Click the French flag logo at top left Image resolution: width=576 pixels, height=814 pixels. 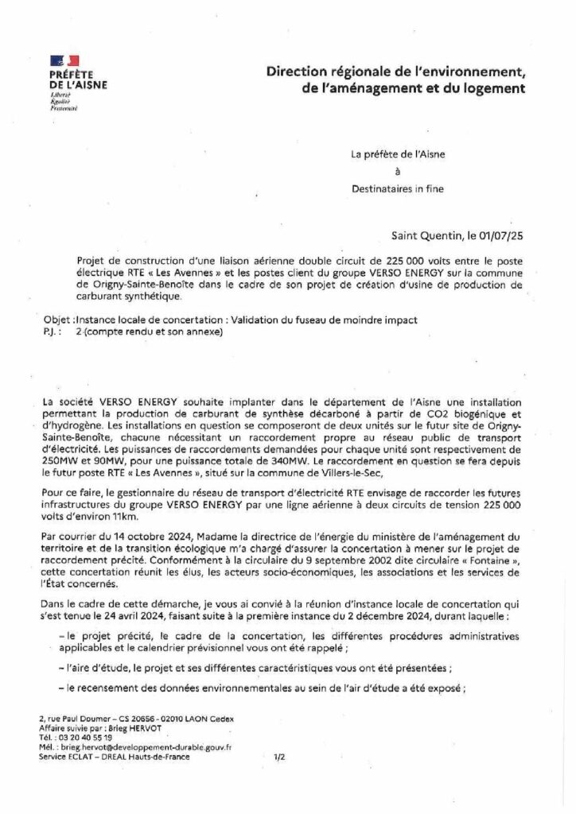[64, 60]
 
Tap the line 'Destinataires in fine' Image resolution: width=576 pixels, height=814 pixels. [398, 188]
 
